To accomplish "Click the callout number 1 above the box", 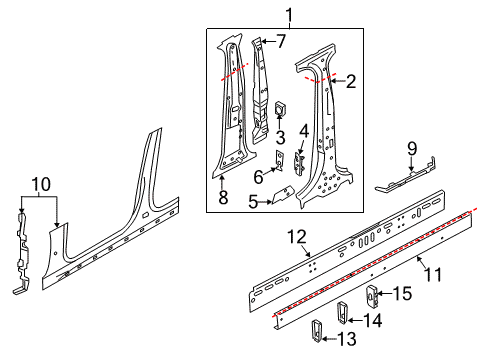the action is [289, 15].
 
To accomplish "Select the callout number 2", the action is [351, 81].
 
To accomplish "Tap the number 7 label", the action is [281, 41].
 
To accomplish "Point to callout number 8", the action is [223, 197].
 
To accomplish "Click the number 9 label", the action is [412, 149].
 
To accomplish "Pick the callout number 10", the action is [41, 184].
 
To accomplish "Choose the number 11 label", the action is [433, 275].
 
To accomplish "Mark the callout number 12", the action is [297, 237].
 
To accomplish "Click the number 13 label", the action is [347, 339].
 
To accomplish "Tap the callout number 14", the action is [373, 320].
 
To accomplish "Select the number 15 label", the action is [402, 294].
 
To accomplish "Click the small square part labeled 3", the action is [279, 108].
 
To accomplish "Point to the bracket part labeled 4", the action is [299, 163].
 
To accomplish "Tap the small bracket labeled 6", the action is [279, 161].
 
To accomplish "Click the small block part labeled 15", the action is [372, 297].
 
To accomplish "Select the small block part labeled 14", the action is [342, 312].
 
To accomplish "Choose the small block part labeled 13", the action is [316, 331].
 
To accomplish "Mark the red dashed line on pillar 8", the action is [235, 72].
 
